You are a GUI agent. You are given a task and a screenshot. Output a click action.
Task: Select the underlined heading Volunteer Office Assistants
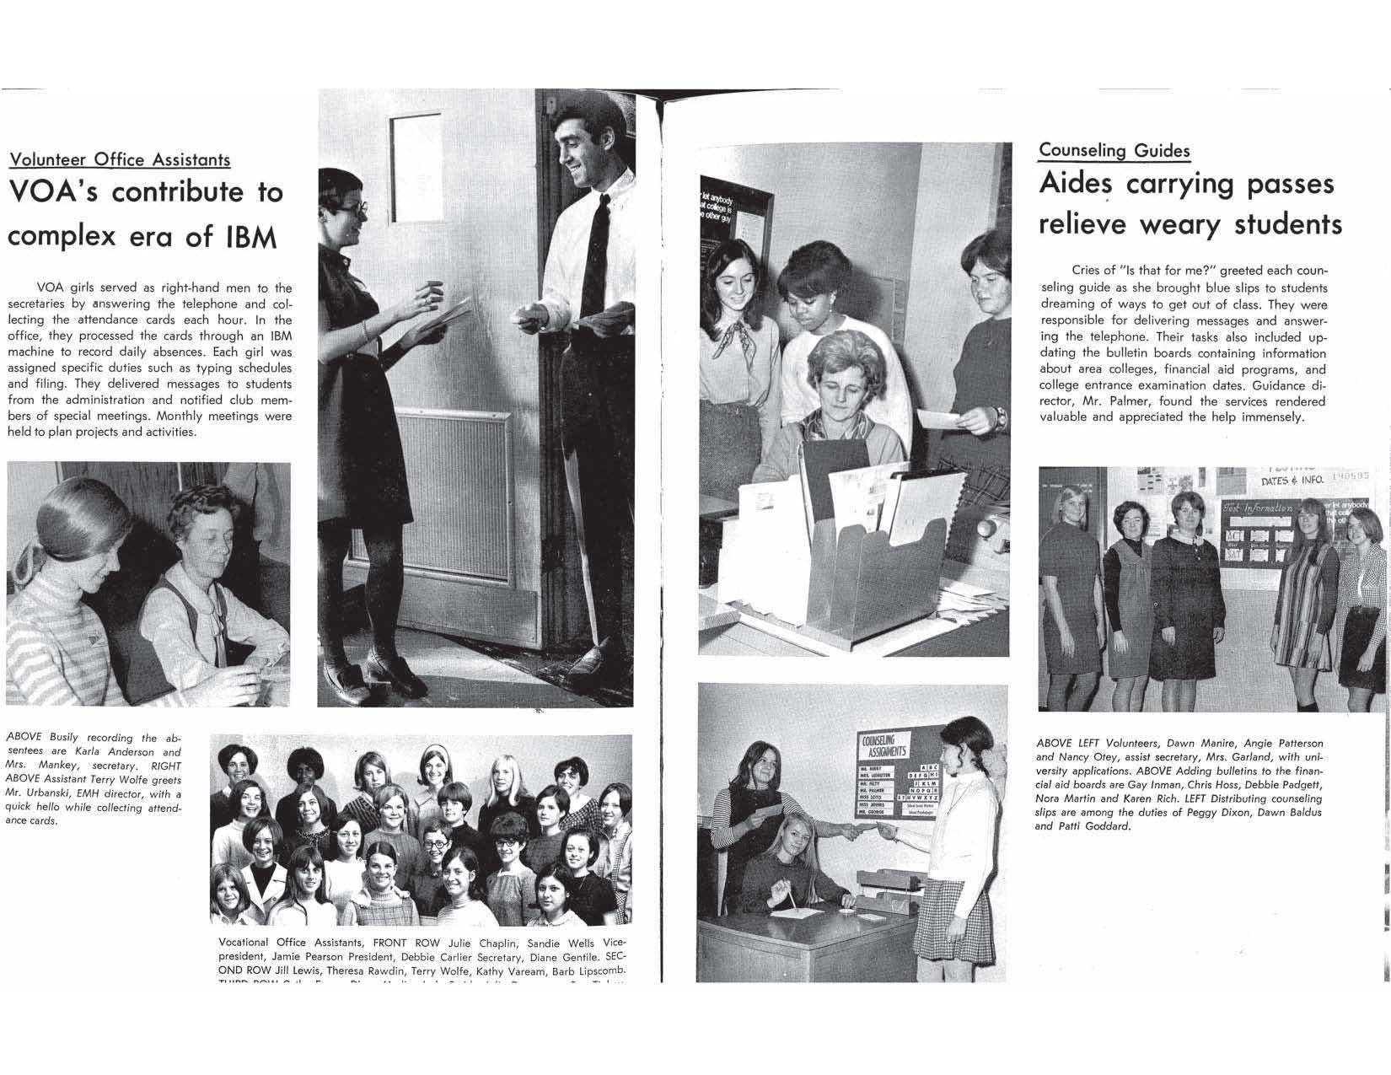click(119, 159)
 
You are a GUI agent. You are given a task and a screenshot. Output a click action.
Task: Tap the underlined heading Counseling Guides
click(1114, 150)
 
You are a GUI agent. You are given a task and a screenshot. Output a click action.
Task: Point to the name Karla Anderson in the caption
click(113, 752)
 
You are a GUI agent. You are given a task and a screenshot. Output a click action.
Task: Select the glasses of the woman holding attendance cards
click(355, 207)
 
